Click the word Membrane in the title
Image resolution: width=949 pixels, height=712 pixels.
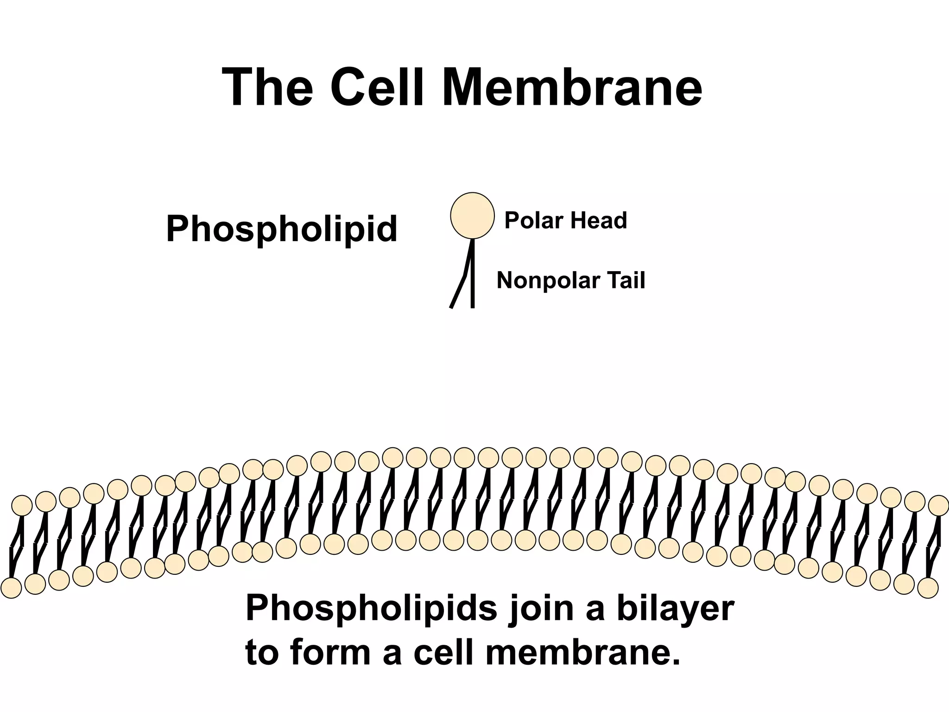pyautogui.click(x=572, y=88)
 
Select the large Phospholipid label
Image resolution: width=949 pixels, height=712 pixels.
pyautogui.click(x=282, y=229)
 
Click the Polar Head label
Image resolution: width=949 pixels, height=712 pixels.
pyautogui.click(x=565, y=220)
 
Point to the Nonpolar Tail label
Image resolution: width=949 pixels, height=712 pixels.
pyautogui.click(x=571, y=280)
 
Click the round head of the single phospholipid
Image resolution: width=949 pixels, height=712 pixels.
pyautogui.click(x=472, y=216)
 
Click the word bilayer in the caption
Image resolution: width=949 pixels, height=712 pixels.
pyautogui.click(x=676, y=608)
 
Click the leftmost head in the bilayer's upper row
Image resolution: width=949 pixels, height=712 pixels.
pyautogui.click(x=22, y=505)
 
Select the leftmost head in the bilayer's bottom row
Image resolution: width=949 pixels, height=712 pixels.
pyautogui.click(x=11, y=588)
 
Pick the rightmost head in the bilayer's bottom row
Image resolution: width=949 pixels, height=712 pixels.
pyautogui.click(x=928, y=588)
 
